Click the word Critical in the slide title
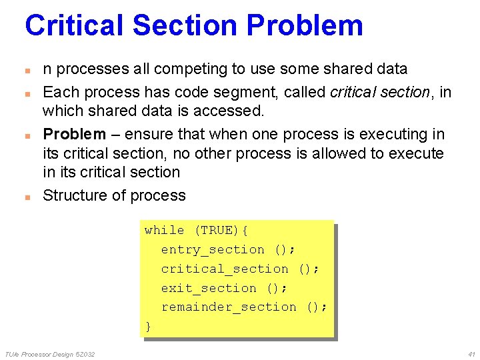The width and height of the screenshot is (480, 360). click(74, 25)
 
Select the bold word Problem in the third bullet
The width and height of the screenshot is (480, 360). click(74, 134)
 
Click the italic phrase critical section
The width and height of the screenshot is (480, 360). click(380, 92)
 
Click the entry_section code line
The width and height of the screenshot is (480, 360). click(228, 249)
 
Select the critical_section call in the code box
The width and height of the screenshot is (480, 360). click(240, 269)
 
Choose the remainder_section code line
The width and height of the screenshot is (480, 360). click(244, 307)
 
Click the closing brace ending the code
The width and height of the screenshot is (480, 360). click(148, 326)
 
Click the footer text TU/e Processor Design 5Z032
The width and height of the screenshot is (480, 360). click(50, 353)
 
